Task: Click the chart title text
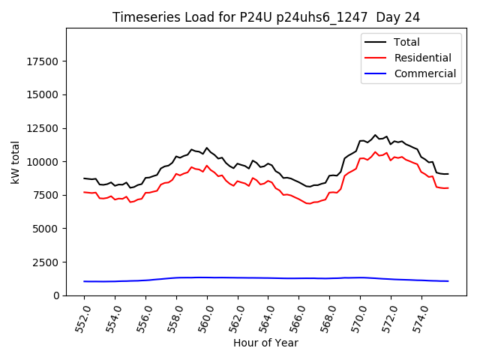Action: pos(266,17)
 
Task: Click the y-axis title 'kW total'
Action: pos(15,161)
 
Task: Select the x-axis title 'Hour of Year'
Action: pos(265,343)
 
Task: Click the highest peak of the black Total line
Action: pos(375,135)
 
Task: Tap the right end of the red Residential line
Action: pos(448,188)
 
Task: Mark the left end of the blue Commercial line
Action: pos(84,281)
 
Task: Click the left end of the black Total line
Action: pos(84,178)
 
